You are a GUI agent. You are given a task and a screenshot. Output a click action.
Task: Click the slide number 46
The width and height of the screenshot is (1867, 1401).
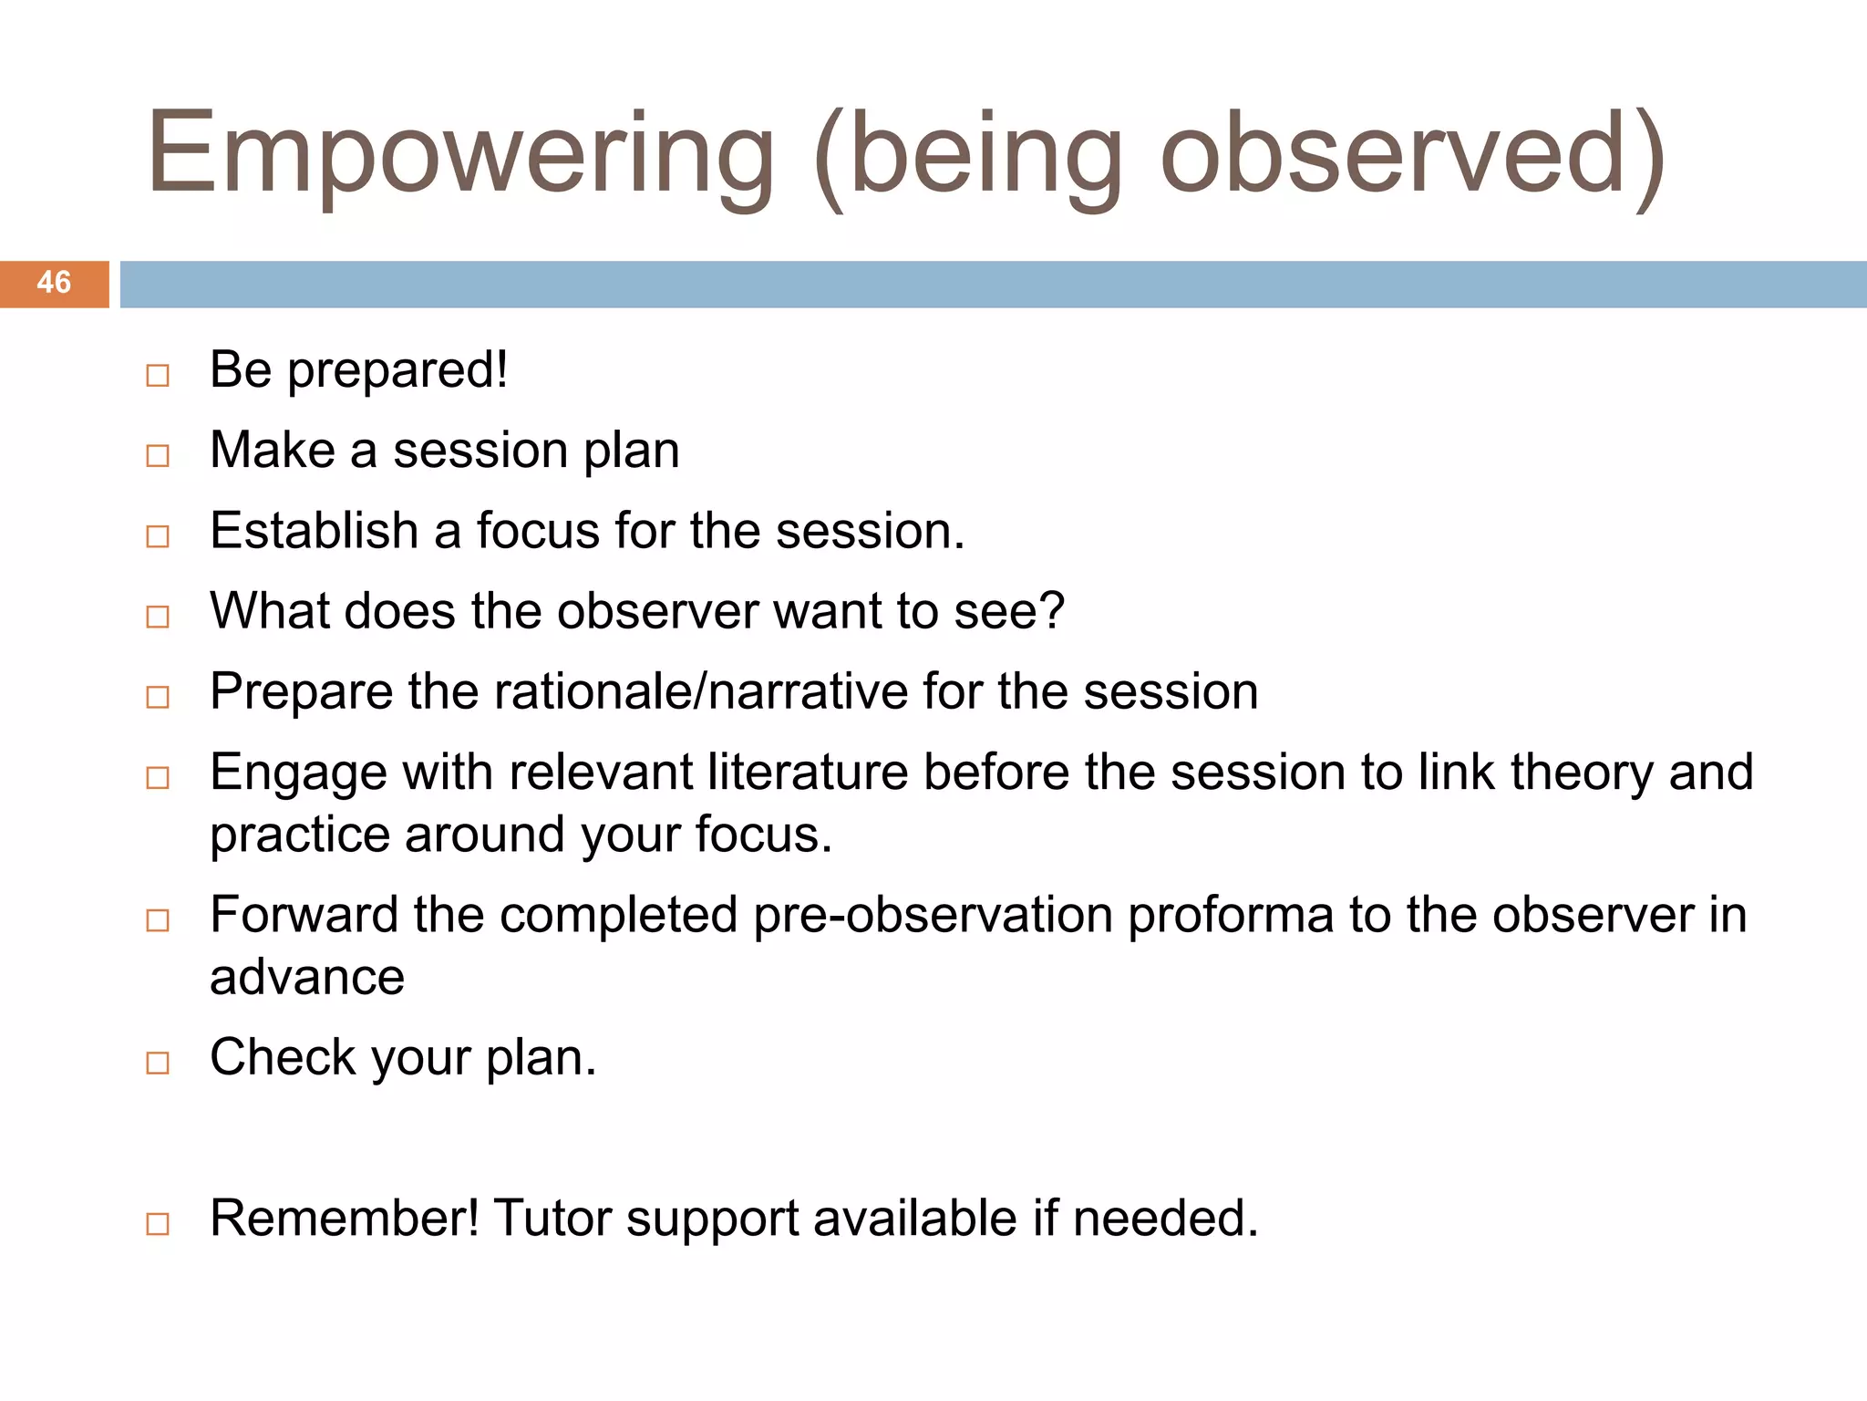pos(54,283)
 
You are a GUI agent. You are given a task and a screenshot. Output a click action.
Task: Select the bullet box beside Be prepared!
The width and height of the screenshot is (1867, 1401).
pos(158,376)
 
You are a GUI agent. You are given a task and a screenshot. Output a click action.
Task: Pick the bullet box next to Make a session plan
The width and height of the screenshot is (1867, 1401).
pos(158,456)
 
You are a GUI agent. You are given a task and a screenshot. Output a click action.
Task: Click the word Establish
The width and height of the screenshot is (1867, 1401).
pos(314,531)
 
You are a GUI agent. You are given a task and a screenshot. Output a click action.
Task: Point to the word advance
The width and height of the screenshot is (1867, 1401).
pos(307,979)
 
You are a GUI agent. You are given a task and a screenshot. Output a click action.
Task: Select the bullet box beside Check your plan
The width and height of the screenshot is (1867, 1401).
pos(158,1063)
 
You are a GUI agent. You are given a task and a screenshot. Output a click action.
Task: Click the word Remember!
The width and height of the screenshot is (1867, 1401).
pos(344,1219)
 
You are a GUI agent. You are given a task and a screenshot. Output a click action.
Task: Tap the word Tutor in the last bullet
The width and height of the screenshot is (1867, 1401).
pos(552,1219)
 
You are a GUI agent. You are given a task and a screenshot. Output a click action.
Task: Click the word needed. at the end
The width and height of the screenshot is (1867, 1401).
pos(1165,1219)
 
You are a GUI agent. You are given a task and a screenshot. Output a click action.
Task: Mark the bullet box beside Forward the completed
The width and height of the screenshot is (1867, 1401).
pos(158,920)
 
